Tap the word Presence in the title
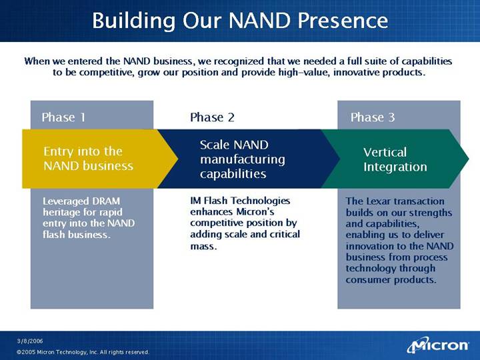pos(343,21)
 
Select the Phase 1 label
pos(63,117)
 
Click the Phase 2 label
pos(212,117)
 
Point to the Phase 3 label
pos(373,117)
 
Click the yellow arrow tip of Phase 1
pos(178,159)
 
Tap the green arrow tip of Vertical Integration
pos(469,159)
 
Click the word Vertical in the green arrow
pos(385,152)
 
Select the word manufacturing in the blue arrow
pos(243,159)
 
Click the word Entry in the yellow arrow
pos(58,151)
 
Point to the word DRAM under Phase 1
pos(106,201)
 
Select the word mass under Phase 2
pos(203,246)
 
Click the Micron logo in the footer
pos(438,345)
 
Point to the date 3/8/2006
pos(30,341)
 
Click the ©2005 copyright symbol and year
pos(26,352)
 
